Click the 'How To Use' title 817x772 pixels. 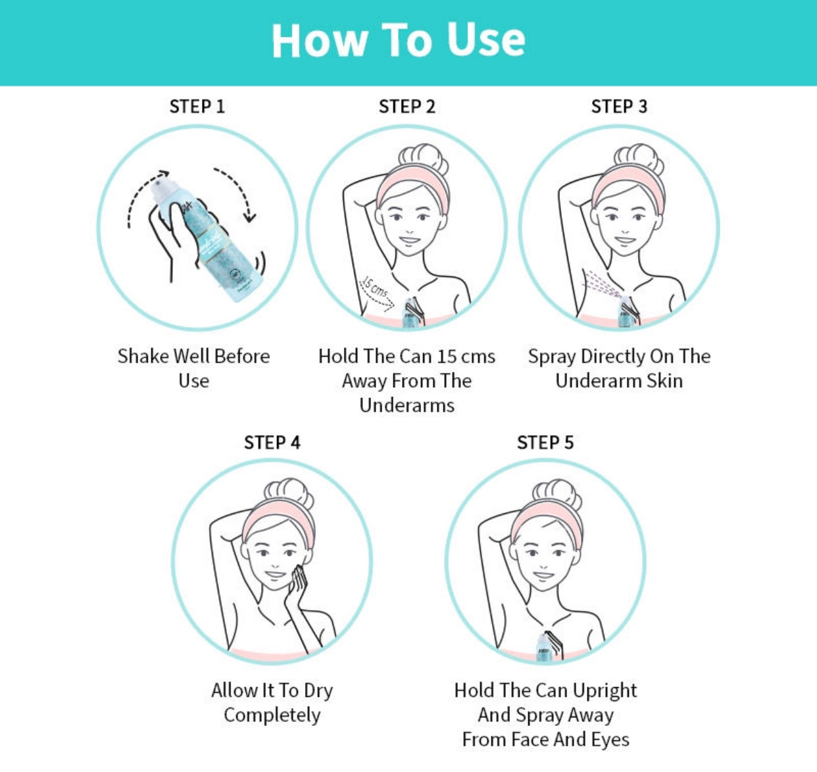(398, 40)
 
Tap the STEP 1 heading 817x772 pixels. (197, 107)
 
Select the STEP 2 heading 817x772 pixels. (407, 107)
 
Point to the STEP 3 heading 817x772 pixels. (619, 107)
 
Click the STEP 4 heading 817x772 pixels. (272, 443)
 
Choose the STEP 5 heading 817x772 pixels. (545, 443)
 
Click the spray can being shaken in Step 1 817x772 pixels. (208, 241)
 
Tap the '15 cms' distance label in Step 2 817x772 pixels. (374, 288)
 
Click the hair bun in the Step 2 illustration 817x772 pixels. (424, 159)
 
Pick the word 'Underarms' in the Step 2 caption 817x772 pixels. (407, 405)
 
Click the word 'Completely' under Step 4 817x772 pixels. (272, 715)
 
